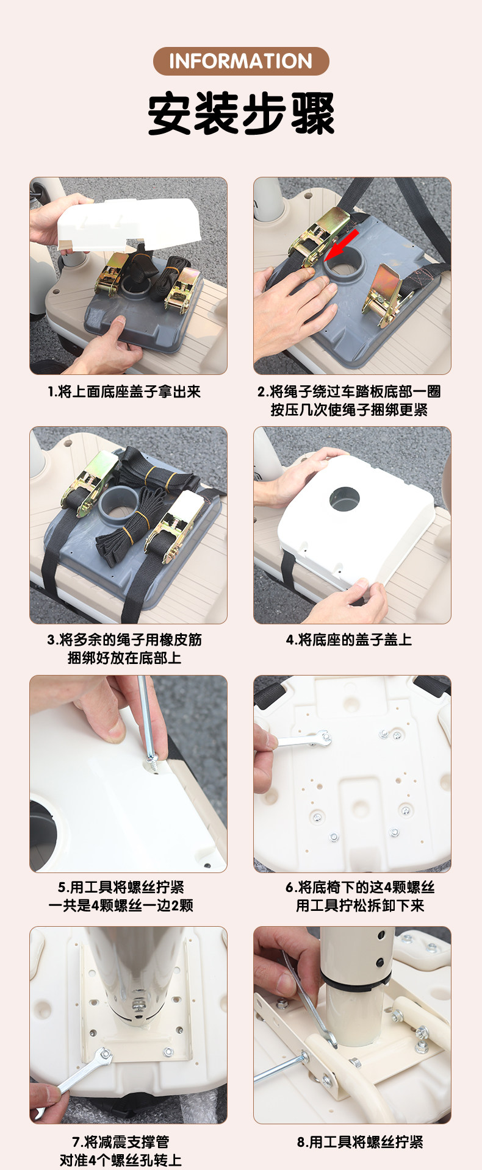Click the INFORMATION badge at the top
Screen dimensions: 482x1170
[x=241, y=61]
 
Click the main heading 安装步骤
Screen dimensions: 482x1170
[x=241, y=114]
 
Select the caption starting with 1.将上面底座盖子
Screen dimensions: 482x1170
[x=124, y=392]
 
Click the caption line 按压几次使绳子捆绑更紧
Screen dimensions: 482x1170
[x=349, y=410]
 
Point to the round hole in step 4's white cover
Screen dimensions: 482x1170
[x=345, y=499]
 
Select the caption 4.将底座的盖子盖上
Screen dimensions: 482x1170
[x=349, y=640]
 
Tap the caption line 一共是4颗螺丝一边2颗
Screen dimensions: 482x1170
[x=121, y=905]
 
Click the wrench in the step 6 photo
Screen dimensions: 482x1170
[x=300, y=741]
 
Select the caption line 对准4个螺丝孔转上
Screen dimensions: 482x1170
[x=121, y=1160]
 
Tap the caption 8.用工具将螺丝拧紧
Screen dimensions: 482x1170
[x=360, y=1142]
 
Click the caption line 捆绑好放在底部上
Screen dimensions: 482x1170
[x=124, y=658]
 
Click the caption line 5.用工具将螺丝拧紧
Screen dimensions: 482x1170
[x=121, y=887]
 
